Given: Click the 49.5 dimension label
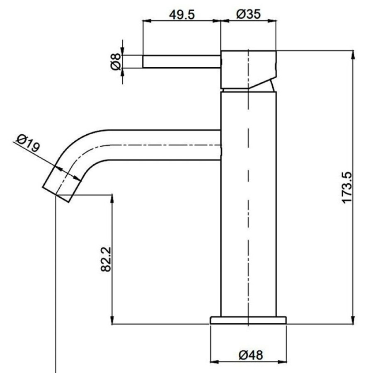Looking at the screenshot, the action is click(182, 15).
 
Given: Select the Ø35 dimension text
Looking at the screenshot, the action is click(248, 14).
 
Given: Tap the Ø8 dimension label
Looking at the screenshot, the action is click(116, 62).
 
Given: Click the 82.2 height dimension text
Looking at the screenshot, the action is click(106, 259).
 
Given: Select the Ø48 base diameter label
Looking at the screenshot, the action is click(251, 355).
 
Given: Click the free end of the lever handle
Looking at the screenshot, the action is click(143, 62).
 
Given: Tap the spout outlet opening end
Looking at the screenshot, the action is click(56, 194).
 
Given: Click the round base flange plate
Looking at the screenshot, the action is click(248, 320).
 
